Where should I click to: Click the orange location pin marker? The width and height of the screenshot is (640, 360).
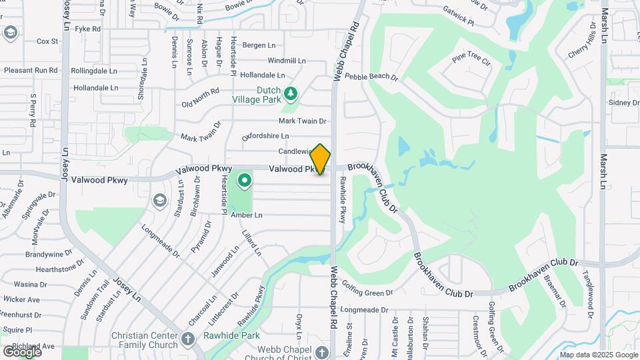(x=321, y=159)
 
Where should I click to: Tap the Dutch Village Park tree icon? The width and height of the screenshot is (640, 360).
(x=290, y=93)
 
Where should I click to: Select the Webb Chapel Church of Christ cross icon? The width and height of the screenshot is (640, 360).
(x=321, y=352)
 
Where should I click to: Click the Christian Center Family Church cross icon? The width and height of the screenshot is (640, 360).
(x=188, y=339)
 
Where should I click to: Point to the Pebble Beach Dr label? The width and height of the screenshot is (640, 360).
(x=371, y=77)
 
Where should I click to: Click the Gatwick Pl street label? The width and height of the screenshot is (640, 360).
(x=458, y=17)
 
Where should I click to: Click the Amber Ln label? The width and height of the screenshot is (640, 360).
(x=247, y=215)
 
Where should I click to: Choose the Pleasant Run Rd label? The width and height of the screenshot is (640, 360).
(x=31, y=69)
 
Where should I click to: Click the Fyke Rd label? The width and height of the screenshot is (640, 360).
(x=88, y=29)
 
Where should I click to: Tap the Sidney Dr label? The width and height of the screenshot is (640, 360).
(x=623, y=103)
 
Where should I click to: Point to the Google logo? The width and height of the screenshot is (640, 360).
(x=22, y=351)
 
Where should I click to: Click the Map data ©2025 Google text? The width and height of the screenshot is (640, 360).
(x=598, y=354)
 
